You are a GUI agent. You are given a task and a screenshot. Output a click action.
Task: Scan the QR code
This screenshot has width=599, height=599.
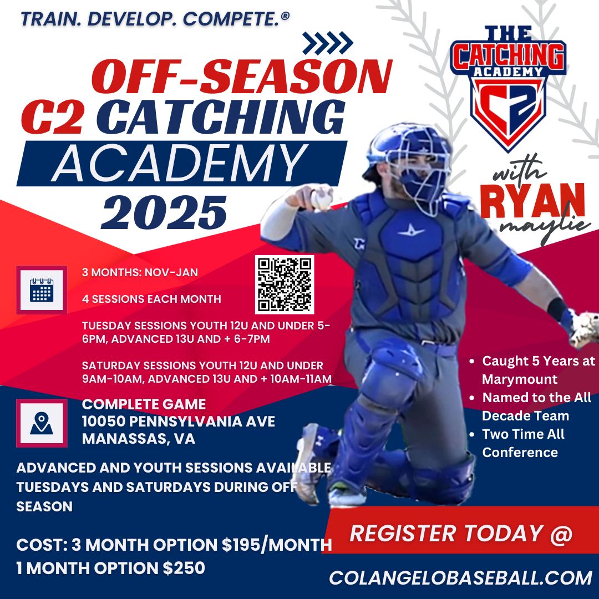(285, 285)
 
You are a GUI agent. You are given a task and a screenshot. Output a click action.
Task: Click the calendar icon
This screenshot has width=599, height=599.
(42, 290)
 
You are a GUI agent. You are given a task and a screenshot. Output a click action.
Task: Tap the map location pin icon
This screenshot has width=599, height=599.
(42, 423)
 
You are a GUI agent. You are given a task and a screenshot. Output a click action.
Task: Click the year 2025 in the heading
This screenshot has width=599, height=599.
(164, 213)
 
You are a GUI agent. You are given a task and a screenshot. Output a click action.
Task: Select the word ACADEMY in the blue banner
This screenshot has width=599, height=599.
(180, 163)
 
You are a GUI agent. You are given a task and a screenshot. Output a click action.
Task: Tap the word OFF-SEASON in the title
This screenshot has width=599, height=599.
(242, 76)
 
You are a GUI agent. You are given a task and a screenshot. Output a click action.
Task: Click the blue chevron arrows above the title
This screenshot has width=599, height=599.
(328, 43)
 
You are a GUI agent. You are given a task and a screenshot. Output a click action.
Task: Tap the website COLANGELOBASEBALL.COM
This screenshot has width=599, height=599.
(460, 578)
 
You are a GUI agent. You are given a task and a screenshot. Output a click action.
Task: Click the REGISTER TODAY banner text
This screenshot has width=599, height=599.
(461, 534)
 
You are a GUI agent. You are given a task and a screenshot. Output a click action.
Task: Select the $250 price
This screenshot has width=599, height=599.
(184, 568)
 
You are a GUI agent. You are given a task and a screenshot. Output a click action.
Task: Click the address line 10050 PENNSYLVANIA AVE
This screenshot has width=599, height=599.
(179, 422)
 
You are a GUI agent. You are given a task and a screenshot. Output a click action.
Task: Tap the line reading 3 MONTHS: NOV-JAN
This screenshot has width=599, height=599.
(140, 272)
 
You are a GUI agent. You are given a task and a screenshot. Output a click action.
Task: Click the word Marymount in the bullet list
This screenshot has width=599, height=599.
(520, 379)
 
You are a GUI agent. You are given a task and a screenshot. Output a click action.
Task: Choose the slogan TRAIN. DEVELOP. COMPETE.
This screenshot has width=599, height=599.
(155, 19)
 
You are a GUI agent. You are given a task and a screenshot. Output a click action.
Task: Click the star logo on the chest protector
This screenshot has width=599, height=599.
(411, 231)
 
